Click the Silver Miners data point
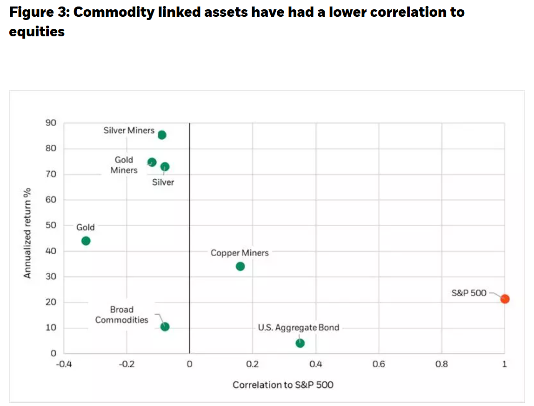point(162,135)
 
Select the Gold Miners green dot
point(152,162)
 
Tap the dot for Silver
point(165,167)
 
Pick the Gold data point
point(86,241)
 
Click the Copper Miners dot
point(240,266)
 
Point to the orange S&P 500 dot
point(505,299)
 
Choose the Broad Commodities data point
point(165,326)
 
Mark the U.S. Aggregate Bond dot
point(300,343)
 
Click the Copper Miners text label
point(240,253)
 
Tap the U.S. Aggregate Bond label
point(299,328)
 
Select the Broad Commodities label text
point(121,315)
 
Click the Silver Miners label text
point(129,130)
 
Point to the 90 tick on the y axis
point(51,123)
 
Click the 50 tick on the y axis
point(51,225)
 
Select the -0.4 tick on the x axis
point(64,364)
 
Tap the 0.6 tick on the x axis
point(379,364)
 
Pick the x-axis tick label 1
point(505,364)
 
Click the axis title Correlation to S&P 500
point(283,385)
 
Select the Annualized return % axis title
point(27,233)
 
